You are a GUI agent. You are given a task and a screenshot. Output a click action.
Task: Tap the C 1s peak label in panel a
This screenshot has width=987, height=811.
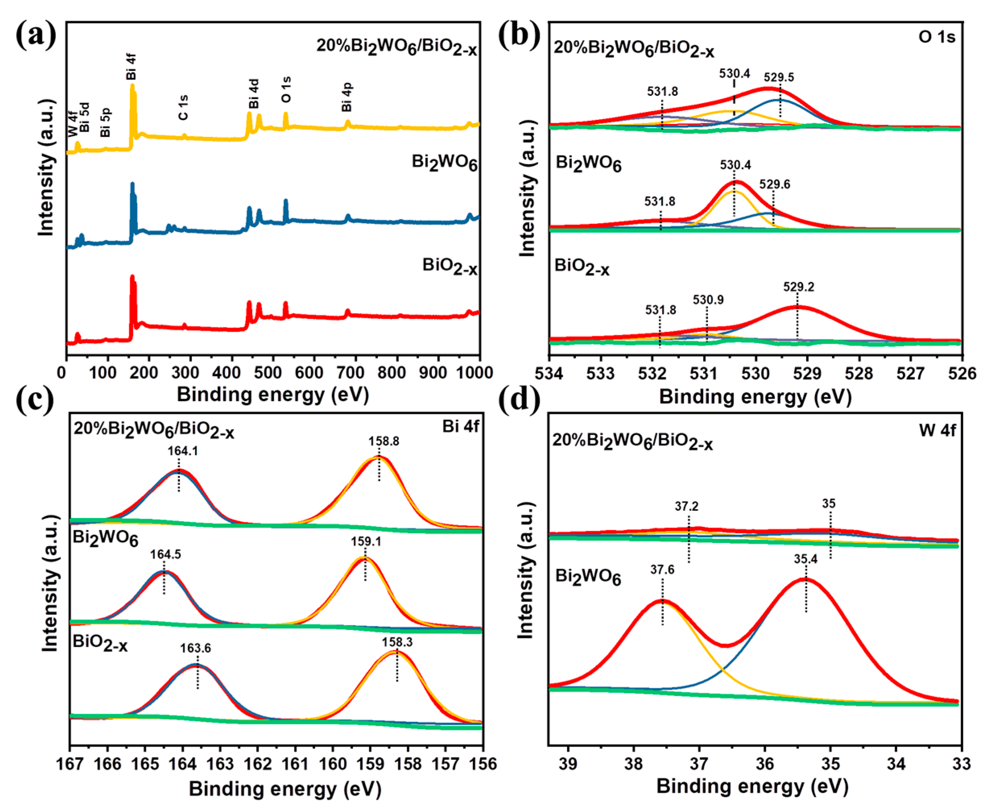183,107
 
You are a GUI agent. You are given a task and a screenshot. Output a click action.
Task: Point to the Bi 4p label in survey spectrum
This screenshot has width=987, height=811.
347,97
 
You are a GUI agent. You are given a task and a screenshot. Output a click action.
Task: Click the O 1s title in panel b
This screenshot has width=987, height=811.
937,37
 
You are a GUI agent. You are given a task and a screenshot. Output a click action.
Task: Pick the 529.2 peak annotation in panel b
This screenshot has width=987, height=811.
799,287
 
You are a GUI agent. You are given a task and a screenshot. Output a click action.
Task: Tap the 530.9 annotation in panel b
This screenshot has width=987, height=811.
708,299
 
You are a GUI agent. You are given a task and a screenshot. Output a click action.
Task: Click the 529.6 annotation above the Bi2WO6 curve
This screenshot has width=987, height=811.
774,184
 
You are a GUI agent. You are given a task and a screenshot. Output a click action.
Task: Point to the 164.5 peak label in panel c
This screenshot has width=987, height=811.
165,555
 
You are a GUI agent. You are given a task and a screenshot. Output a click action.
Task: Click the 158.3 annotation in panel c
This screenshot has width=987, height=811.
397,642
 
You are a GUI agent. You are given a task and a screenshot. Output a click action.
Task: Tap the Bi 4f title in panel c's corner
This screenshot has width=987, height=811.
460,427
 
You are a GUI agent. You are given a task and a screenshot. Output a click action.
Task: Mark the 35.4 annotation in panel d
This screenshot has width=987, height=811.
806,559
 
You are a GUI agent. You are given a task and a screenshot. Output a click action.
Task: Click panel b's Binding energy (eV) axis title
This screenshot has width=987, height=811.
755,398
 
